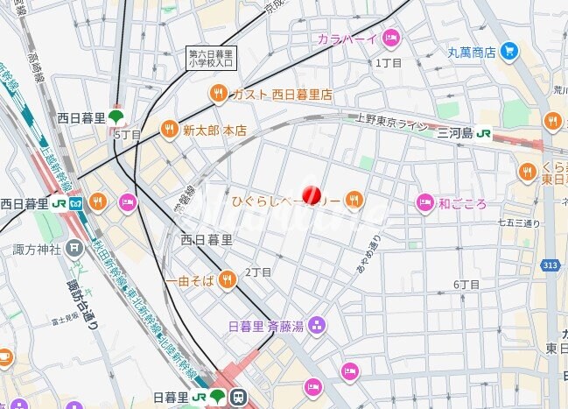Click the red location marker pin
click(311, 195)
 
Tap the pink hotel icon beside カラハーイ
click(390, 38)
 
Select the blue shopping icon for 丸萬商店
click(509, 52)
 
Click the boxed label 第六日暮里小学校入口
click(211, 58)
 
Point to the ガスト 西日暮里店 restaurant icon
click(218, 94)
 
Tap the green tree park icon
click(116, 116)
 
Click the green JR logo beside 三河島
click(483, 134)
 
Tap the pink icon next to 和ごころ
click(424, 203)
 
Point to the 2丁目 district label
click(258, 272)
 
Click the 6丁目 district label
click(466, 284)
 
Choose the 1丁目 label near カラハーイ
click(388, 63)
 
